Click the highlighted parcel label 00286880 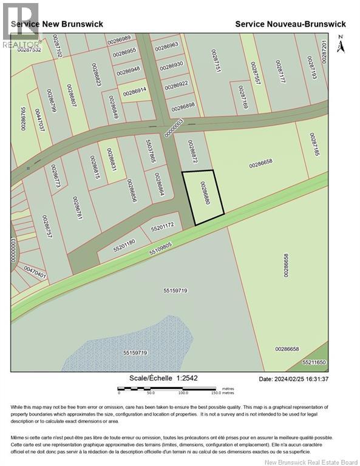[x=205, y=192]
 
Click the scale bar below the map [x=177, y=389]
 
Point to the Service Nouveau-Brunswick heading [x=290, y=24]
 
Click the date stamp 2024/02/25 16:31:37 [x=293, y=379]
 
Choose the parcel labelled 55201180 [x=124, y=243]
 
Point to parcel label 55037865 [x=150, y=151]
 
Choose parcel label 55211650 [x=314, y=362]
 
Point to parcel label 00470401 [x=35, y=271]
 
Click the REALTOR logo [x=20, y=24]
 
